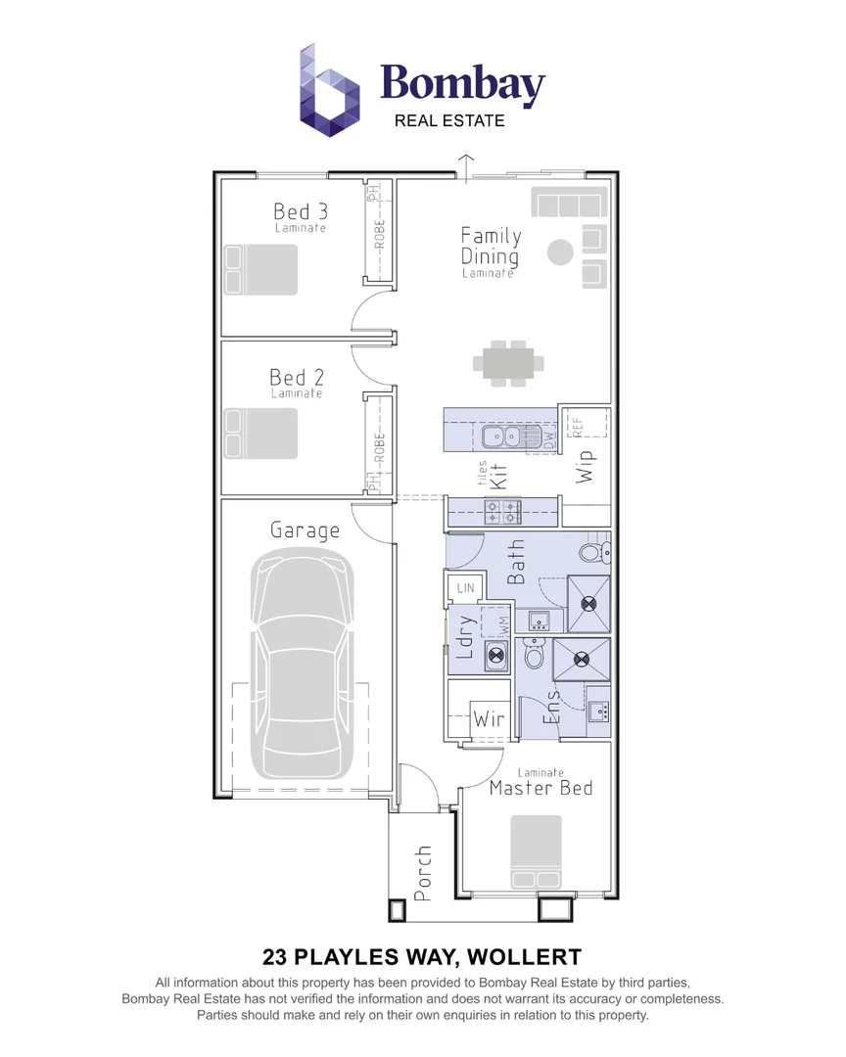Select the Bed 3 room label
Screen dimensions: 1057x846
[x=300, y=212]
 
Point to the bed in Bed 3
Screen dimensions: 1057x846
[x=260, y=269]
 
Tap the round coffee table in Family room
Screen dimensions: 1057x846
[x=560, y=252]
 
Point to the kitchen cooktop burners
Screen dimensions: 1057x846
[x=504, y=510]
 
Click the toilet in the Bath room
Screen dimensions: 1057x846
[x=593, y=553]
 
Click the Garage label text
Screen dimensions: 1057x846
[x=305, y=530]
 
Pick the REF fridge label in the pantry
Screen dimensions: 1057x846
[x=577, y=424]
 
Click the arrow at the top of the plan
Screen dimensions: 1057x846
[x=467, y=163]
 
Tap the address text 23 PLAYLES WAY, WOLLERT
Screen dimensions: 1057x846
[x=422, y=955]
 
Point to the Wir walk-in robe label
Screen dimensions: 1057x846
[x=489, y=719]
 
